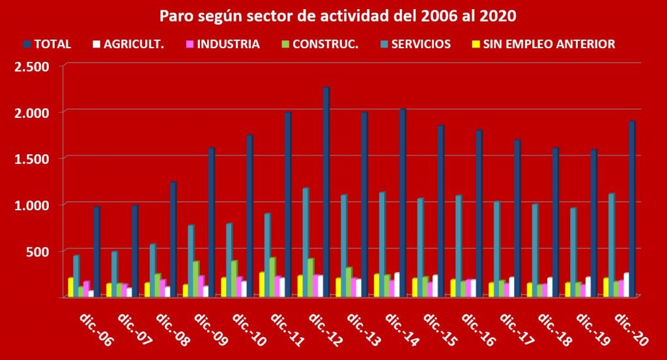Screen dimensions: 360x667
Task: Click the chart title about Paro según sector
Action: pos(333,14)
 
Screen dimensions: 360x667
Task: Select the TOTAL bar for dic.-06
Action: pos(96,254)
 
